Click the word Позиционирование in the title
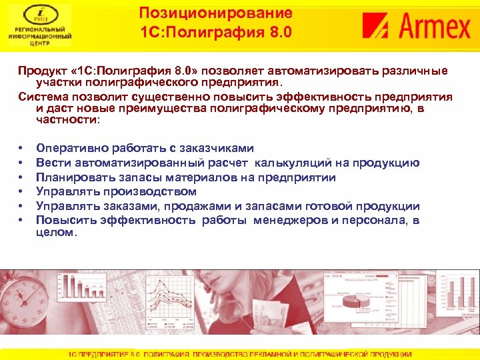pyautogui.click(x=216, y=13)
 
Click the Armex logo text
pyautogui.click(x=435, y=28)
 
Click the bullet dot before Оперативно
pyautogui.click(x=22, y=149)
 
